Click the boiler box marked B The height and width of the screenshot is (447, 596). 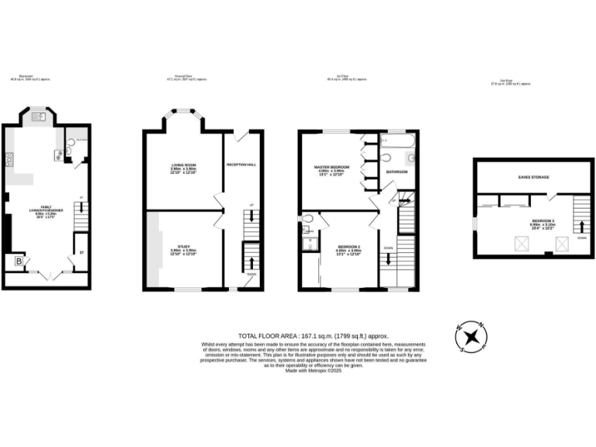(x=18, y=262)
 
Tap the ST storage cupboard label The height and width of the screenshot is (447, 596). (x=81, y=252)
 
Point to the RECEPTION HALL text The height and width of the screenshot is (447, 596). (x=241, y=165)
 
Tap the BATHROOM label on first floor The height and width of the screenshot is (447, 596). (x=398, y=171)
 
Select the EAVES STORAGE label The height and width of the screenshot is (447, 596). (x=534, y=178)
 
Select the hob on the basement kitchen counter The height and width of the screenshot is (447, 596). (x=10, y=160)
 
